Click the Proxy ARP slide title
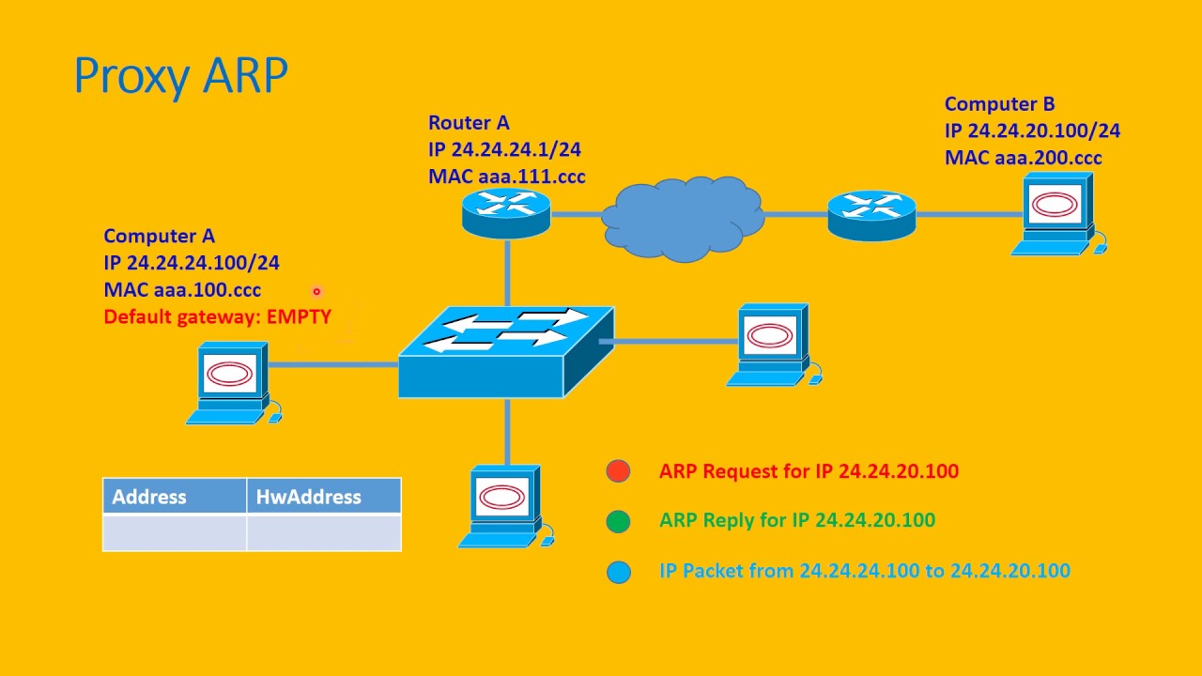tap(180, 76)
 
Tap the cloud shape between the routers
tap(682, 217)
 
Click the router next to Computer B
tap(871, 216)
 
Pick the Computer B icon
tap(1056, 214)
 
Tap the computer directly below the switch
tap(504, 505)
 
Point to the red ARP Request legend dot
tap(618, 471)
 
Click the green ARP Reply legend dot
tap(618, 521)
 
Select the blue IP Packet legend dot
tap(618, 571)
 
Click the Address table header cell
tap(175, 497)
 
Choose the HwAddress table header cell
tap(324, 497)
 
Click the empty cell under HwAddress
tap(324, 532)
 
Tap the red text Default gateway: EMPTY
tap(217, 317)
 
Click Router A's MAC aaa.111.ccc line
tap(506, 177)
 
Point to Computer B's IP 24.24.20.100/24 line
tap(1032, 131)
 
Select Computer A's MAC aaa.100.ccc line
tap(182, 290)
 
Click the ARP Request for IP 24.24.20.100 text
tap(809, 471)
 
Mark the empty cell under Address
tap(175, 532)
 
